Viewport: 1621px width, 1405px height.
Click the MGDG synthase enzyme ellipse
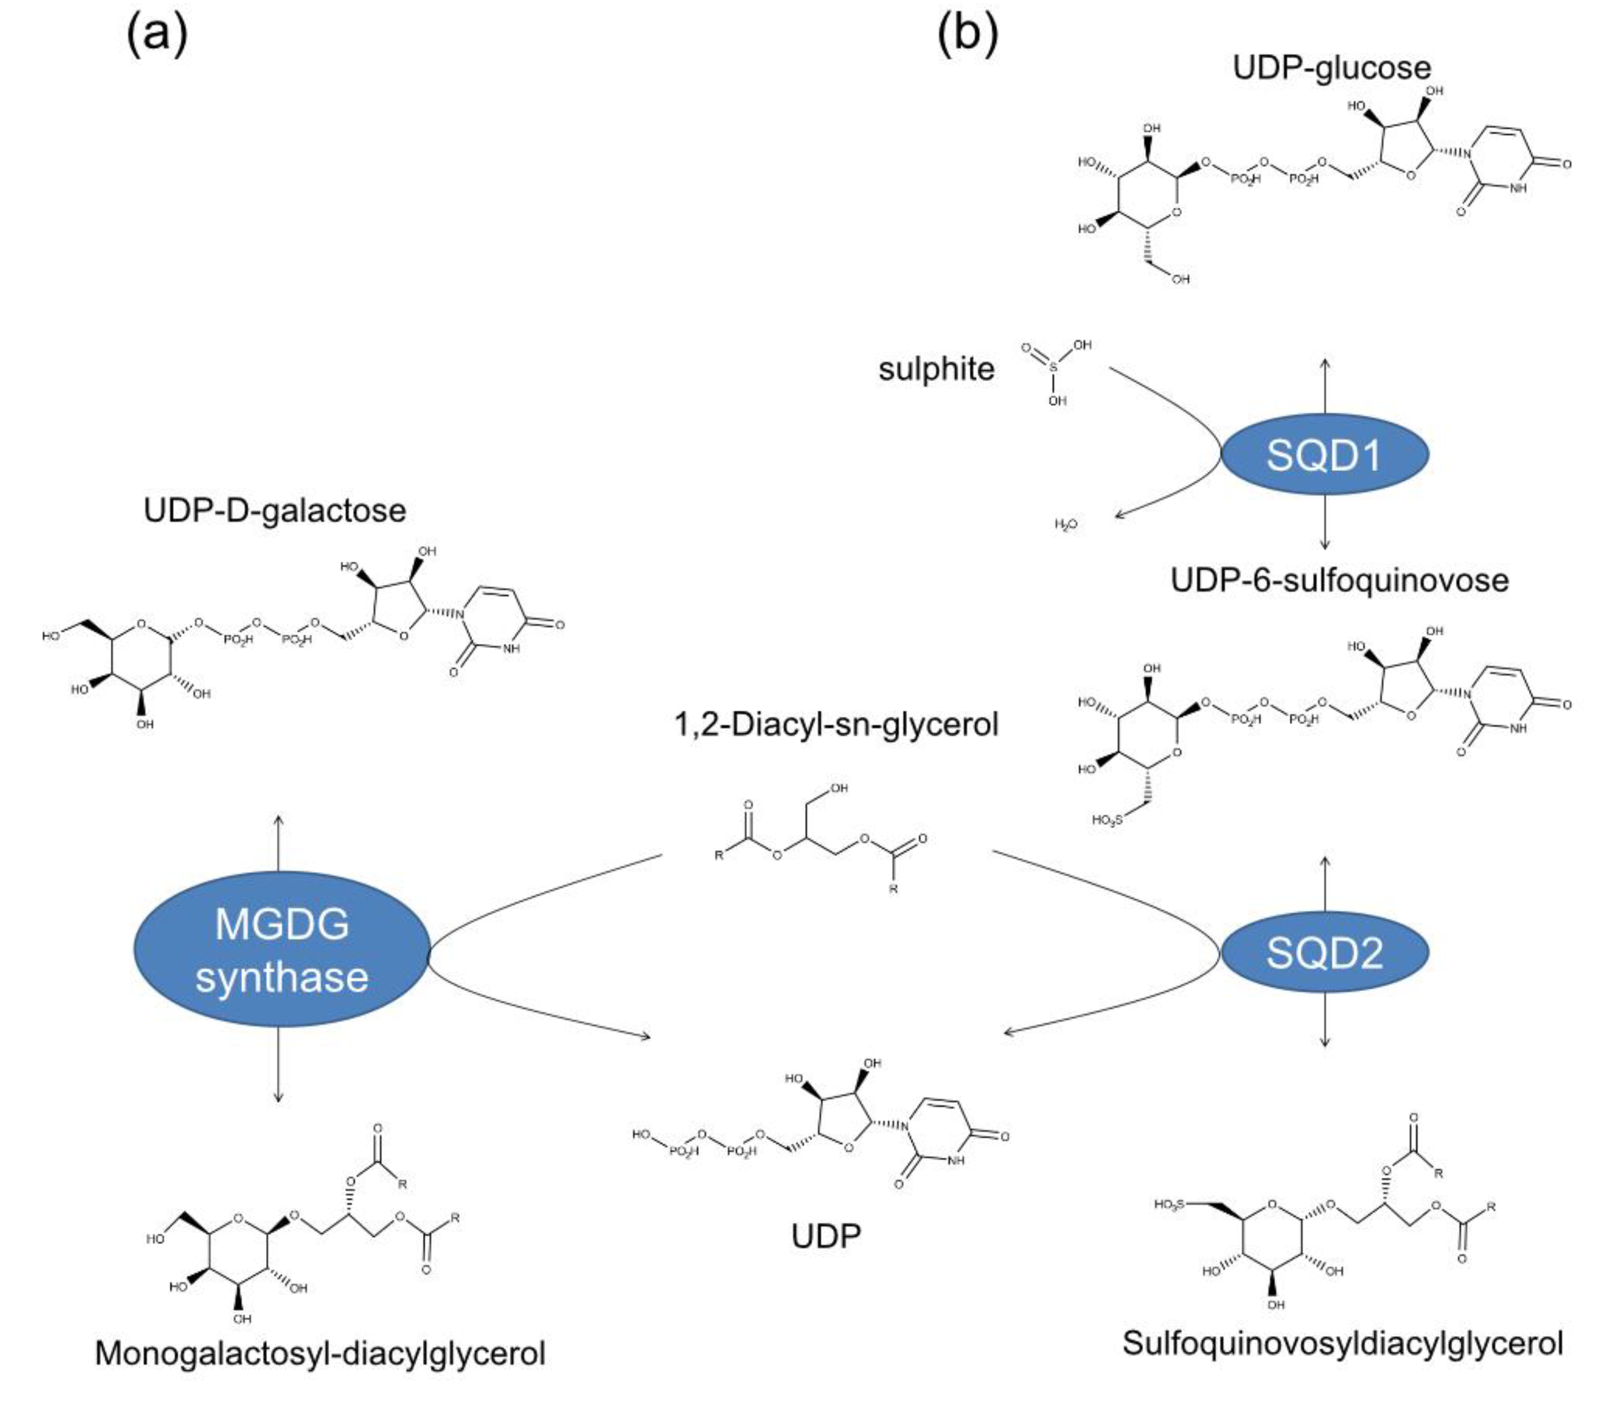[281, 949]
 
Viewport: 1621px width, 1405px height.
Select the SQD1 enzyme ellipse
[1325, 454]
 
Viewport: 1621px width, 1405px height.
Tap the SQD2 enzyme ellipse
[1325, 952]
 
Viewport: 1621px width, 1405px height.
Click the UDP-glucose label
[1331, 67]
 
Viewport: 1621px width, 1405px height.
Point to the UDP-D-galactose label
[275, 510]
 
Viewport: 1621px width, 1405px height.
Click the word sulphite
[936, 369]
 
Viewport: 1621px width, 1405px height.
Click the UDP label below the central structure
[826, 1236]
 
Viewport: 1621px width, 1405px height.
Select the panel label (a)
[157, 35]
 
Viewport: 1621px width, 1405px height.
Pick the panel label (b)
[968, 35]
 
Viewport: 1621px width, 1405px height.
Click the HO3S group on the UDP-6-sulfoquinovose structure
[1107, 820]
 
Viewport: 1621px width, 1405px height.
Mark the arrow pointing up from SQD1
[1325, 385]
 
